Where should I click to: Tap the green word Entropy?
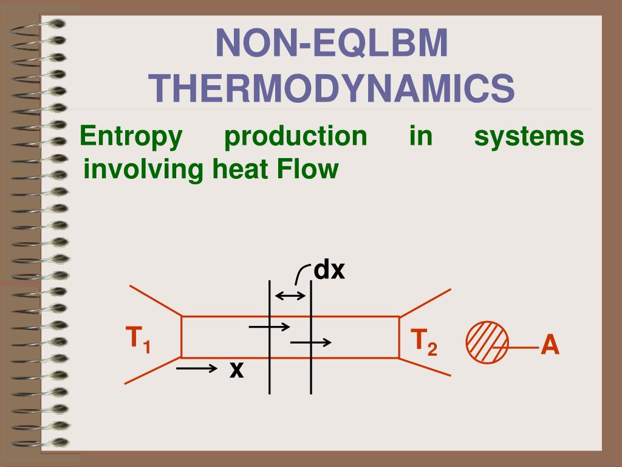131,136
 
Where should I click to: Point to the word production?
295,136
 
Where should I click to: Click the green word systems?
528,136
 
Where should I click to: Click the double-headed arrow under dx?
290,296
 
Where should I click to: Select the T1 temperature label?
138,340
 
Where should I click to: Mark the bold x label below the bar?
236,368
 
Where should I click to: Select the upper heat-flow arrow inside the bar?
270,327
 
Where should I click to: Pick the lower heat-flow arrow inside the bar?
311,342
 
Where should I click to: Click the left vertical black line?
270,365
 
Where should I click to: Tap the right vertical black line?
311,371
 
